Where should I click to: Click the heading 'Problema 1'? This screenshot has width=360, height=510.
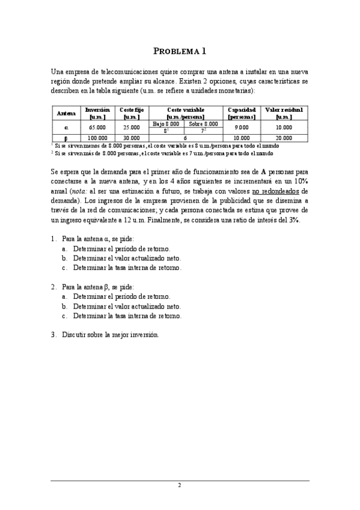180,51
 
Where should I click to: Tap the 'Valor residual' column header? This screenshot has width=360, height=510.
284,113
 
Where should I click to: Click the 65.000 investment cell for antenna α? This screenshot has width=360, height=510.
97,127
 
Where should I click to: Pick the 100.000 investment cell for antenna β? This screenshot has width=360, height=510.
97,138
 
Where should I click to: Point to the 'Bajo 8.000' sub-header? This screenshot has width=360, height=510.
166,123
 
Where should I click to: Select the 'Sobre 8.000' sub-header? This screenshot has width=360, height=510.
203,123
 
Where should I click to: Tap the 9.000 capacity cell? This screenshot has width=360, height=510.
242,127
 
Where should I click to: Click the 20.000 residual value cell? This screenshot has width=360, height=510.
284,138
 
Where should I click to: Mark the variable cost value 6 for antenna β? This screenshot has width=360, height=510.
185,138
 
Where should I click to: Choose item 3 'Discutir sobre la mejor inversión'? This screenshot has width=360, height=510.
110,334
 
